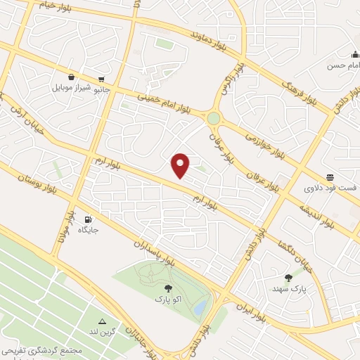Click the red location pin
point(181,165)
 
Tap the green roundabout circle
point(213,118)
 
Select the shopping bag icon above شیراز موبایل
point(72,77)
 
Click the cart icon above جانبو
point(103,79)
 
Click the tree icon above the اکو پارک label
point(167,288)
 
